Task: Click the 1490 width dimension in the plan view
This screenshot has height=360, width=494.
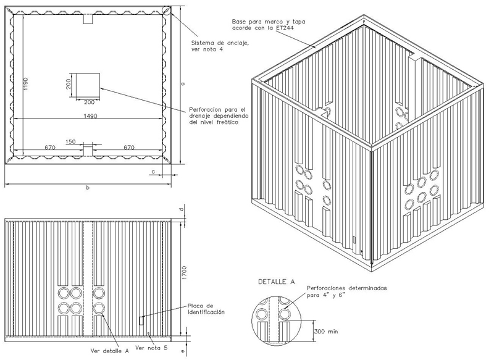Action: [90, 116]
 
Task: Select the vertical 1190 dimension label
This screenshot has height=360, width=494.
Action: [26, 83]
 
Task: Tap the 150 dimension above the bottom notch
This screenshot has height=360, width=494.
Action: [71, 141]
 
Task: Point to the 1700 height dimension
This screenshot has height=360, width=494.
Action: [184, 273]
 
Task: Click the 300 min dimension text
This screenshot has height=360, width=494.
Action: [326, 332]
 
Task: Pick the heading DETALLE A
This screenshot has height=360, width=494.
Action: [276, 282]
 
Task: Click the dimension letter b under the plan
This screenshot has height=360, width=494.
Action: [88, 188]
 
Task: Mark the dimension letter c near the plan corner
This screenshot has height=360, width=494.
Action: [153, 172]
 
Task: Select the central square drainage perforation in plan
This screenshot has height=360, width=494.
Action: [86, 85]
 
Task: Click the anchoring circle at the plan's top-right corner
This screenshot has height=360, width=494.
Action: [167, 10]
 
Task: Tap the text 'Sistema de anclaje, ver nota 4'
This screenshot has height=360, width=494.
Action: [220, 46]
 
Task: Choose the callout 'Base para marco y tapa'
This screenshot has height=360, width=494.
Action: [269, 22]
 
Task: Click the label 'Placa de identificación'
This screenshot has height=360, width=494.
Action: [206, 309]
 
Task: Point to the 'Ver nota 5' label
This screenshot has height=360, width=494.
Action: [151, 348]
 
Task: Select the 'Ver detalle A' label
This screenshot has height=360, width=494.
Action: [110, 351]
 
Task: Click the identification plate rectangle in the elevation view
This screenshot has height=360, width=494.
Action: [141, 320]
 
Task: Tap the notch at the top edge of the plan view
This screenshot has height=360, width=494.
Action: [88, 19]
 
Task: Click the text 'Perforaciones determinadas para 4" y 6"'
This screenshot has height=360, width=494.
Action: [346, 291]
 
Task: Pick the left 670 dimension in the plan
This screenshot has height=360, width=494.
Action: [50, 147]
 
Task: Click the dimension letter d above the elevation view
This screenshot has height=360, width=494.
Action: [183, 209]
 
